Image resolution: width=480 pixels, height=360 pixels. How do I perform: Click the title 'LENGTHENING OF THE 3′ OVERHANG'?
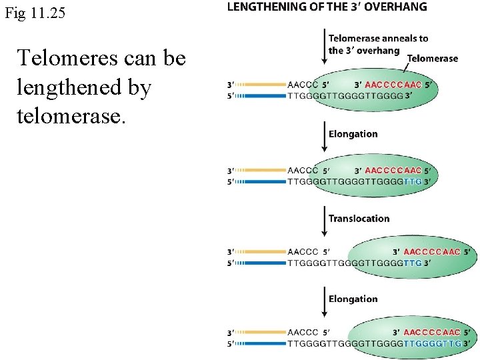[327, 7]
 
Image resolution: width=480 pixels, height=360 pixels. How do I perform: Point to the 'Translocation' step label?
[359, 219]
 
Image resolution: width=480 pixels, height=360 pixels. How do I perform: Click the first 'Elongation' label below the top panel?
[353, 134]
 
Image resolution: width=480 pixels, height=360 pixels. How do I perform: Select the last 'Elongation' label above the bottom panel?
[353, 299]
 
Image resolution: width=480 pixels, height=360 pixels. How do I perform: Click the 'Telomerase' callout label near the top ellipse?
[432, 59]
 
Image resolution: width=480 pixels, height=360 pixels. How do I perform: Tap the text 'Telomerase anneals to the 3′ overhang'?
[378, 44]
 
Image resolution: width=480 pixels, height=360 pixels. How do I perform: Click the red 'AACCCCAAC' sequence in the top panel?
[393, 85]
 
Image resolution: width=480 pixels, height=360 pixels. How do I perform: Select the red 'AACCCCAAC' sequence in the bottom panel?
[431, 332]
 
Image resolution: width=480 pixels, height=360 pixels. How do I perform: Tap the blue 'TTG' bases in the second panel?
[413, 181]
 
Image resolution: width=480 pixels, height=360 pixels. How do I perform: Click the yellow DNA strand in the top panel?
[260, 85]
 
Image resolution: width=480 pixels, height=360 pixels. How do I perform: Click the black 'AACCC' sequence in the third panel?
[303, 252]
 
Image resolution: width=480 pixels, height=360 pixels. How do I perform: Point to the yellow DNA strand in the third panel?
[260, 252]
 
